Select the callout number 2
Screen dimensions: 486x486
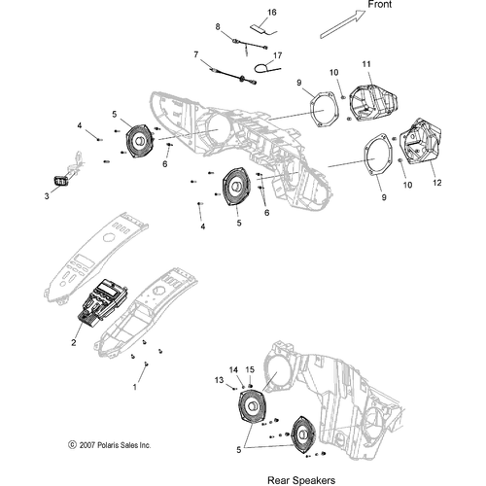(x=75, y=342)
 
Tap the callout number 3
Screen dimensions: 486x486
(x=47, y=195)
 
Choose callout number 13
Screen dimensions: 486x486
(x=220, y=381)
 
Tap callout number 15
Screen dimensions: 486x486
(x=249, y=369)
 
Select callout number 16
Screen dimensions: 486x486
(x=271, y=12)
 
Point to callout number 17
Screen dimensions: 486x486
(x=277, y=55)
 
